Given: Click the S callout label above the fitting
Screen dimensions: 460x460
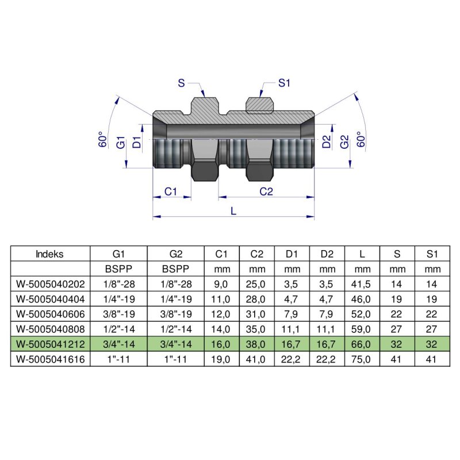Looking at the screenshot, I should [x=182, y=84].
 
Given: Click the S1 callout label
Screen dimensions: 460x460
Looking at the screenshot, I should [x=283, y=84].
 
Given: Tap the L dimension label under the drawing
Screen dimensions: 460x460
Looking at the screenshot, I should [x=233, y=211].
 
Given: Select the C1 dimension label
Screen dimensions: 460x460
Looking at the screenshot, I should [x=171, y=191].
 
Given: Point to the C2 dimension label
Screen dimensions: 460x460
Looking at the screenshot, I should [x=266, y=191].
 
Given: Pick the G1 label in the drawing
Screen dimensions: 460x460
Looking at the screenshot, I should [x=121, y=142].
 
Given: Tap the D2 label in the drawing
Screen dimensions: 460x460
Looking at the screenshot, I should [x=326, y=142].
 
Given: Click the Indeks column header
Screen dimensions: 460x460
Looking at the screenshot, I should [x=50, y=254].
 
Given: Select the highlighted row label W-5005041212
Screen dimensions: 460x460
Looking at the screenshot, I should [x=50, y=344].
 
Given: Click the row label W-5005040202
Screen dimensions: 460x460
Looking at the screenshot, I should [x=50, y=284].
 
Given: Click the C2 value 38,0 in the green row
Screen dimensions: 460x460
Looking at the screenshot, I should [x=257, y=344].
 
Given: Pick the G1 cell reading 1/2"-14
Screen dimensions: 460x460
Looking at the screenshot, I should [x=118, y=329].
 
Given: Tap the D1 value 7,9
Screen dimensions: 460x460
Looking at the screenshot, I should [x=292, y=314].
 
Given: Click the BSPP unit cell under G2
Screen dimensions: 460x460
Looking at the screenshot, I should [x=176, y=269].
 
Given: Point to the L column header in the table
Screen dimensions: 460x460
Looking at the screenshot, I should [x=362, y=254].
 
